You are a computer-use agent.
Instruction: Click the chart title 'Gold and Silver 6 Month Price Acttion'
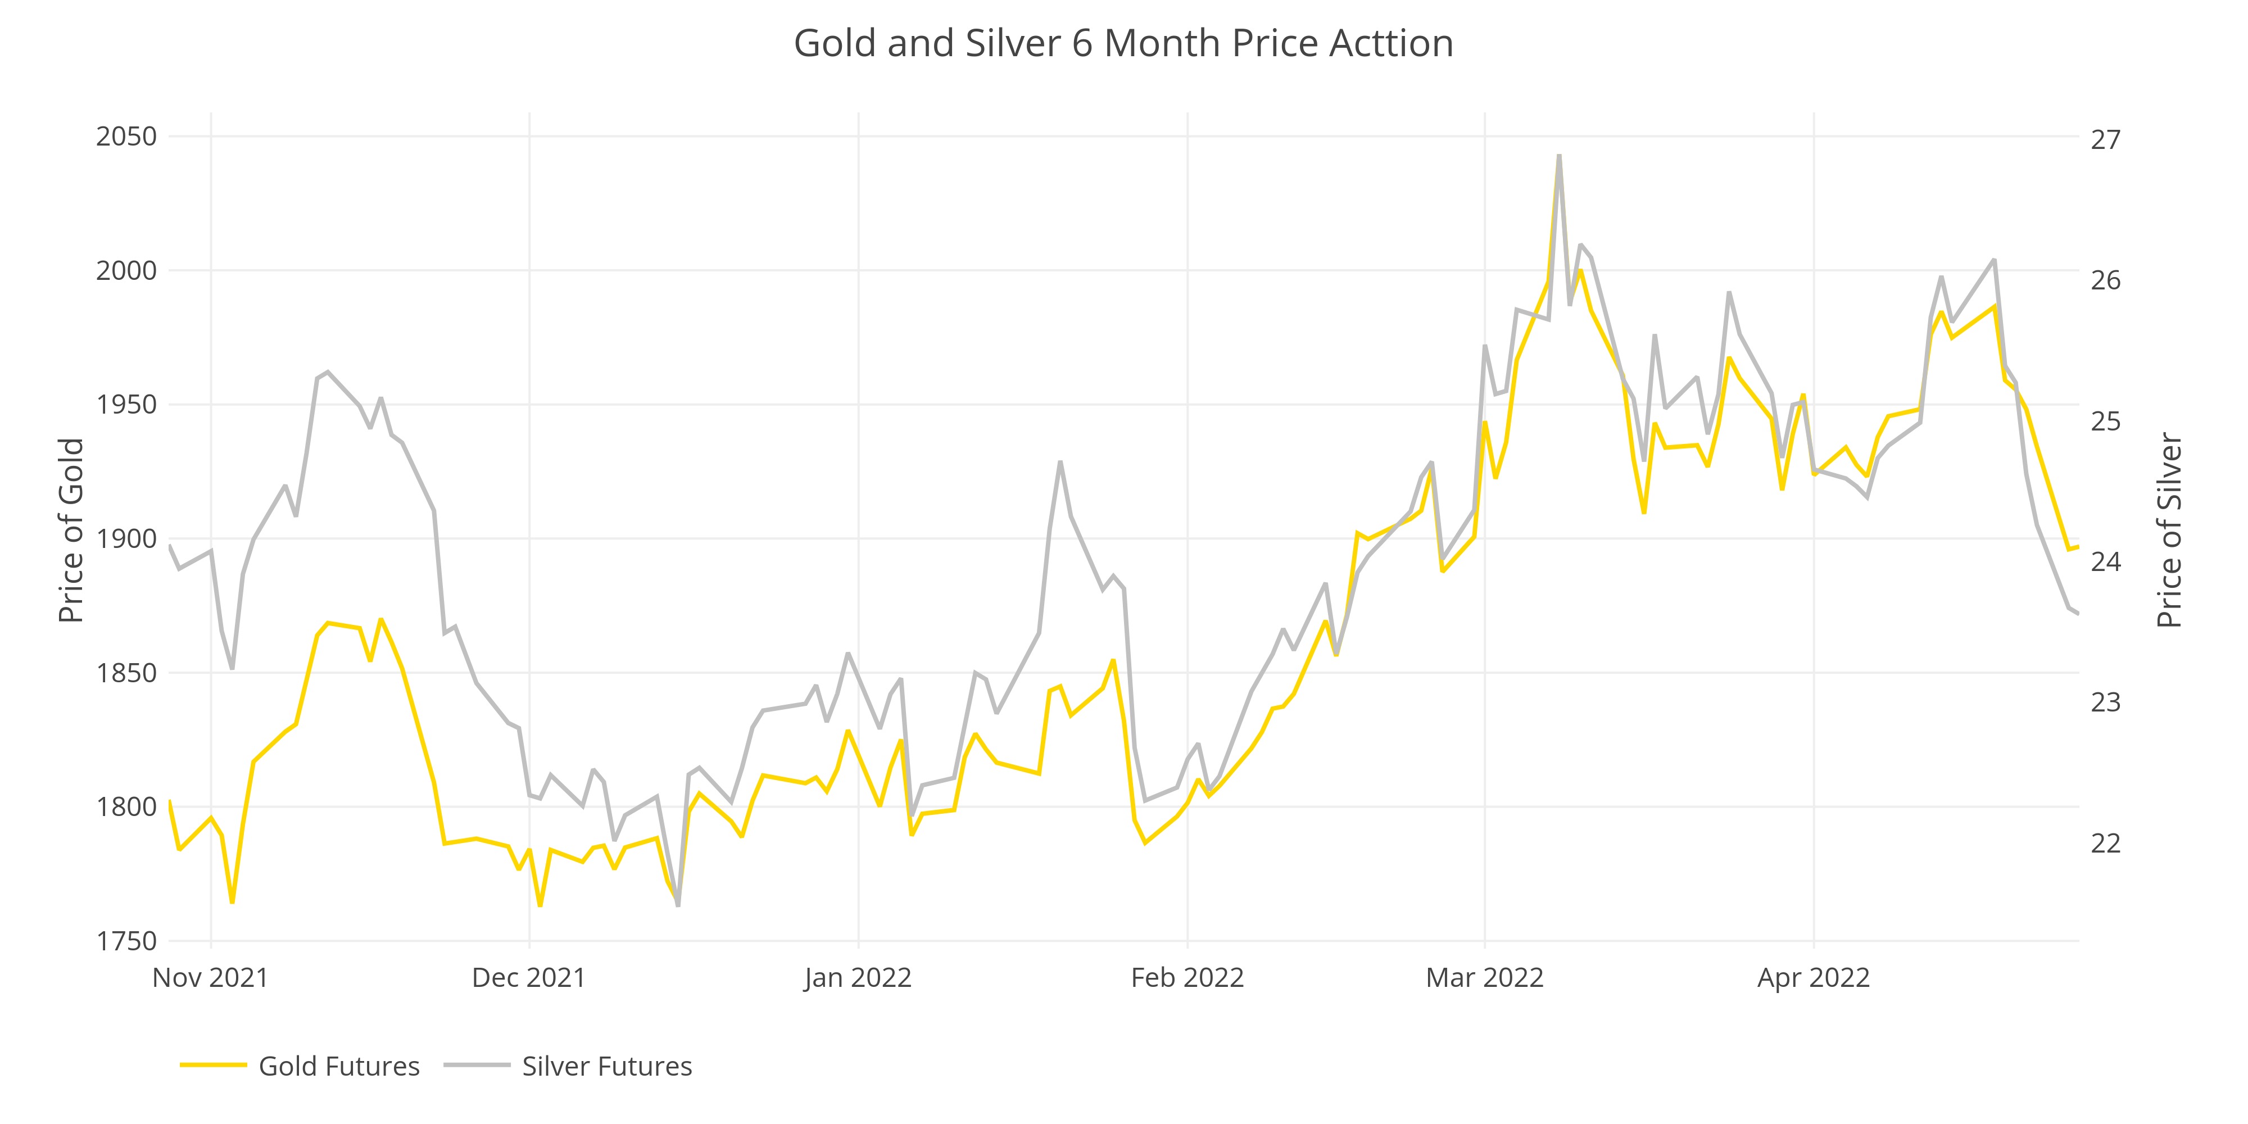(1123, 44)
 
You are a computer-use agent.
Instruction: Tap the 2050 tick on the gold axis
(126, 137)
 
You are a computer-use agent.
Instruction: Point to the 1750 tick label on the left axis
(126, 941)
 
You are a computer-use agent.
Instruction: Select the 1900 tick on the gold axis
(126, 540)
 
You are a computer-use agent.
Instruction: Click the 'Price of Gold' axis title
(71, 531)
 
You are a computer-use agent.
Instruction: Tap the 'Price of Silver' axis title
(2169, 531)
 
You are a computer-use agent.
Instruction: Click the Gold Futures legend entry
(338, 1067)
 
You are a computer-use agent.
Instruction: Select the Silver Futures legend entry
(606, 1067)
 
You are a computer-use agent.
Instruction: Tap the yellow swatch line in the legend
(213, 1066)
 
